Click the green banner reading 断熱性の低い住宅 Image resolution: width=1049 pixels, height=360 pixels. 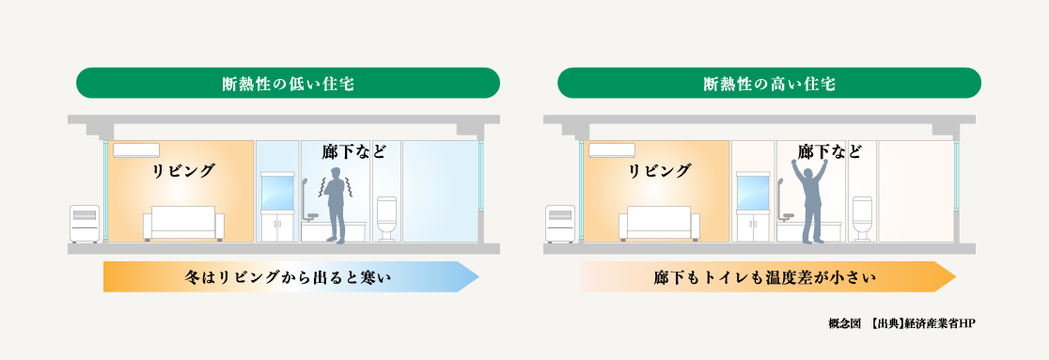pos(288,84)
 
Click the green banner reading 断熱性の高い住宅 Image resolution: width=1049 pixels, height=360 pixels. pos(769,84)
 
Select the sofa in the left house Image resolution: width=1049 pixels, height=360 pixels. pos(183,223)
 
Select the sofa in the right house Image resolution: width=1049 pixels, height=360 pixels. pos(659,223)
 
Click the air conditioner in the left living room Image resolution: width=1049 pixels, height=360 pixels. pos(136,149)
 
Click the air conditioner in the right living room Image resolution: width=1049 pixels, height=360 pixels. pos(612,149)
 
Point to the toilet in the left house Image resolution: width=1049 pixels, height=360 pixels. pos(386,219)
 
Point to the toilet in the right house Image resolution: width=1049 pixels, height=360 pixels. pos(862,219)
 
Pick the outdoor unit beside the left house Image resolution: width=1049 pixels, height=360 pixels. pos(84,223)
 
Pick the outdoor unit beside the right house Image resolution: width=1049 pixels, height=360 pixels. pos(559,223)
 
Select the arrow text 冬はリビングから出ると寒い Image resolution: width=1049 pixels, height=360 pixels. pos(288,277)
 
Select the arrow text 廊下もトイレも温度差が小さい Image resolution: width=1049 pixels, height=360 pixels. pos(764,277)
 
